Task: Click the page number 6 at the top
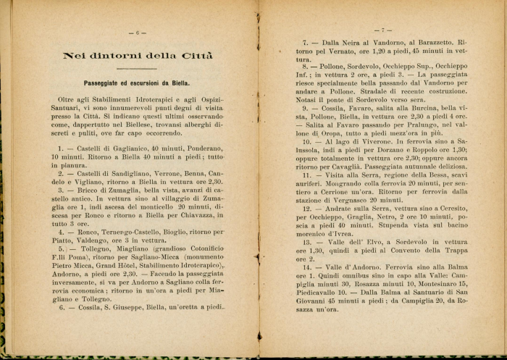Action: (137, 31)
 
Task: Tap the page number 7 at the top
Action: (380, 30)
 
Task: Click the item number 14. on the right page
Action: (307, 268)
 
